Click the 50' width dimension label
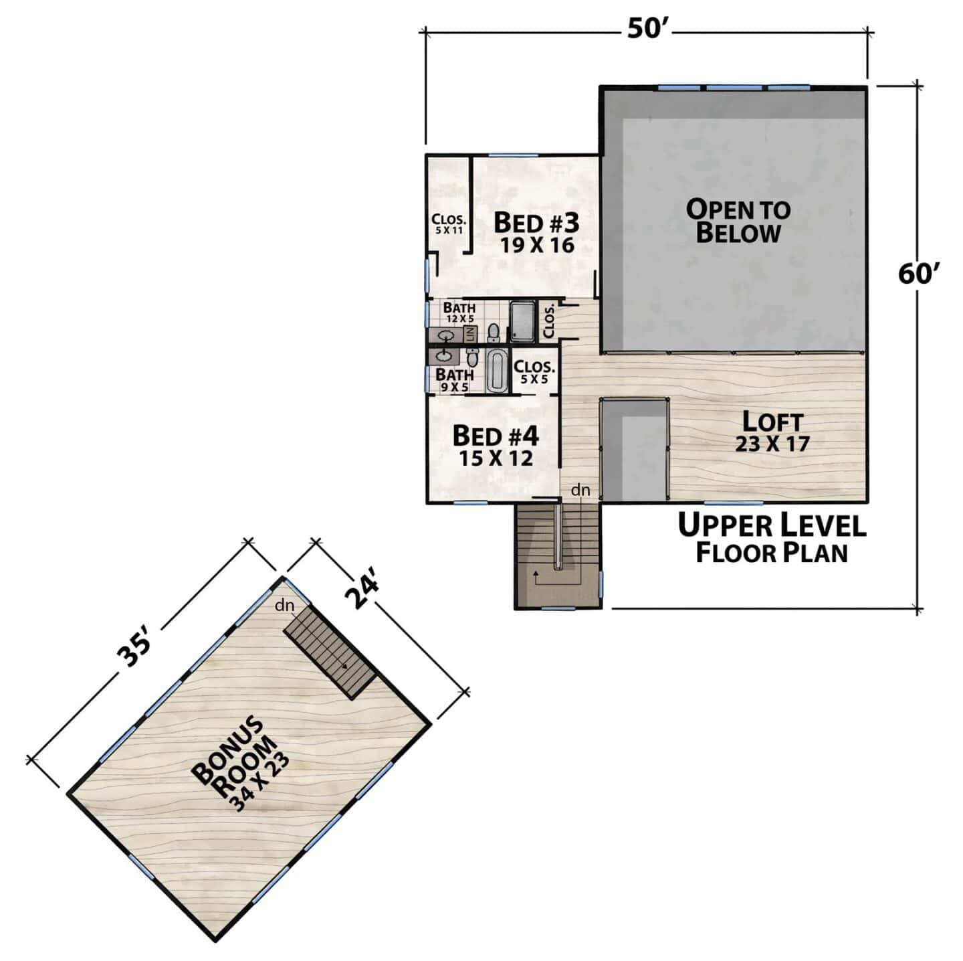click(647, 29)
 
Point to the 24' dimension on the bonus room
click(361, 592)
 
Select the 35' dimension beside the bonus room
click(133, 650)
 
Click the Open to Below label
click(738, 221)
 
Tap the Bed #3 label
click(536, 233)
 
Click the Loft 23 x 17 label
click(772, 432)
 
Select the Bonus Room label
click(240, 765)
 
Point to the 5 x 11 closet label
click(449, 224)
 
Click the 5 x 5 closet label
click(534, 372)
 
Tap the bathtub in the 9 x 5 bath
click(496, 371)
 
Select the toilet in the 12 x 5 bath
click(494, 332)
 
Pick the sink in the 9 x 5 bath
click(444, 356)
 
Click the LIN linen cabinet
click(469, 333)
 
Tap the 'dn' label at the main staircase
click(580, 490)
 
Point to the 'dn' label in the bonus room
click(284, 606)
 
